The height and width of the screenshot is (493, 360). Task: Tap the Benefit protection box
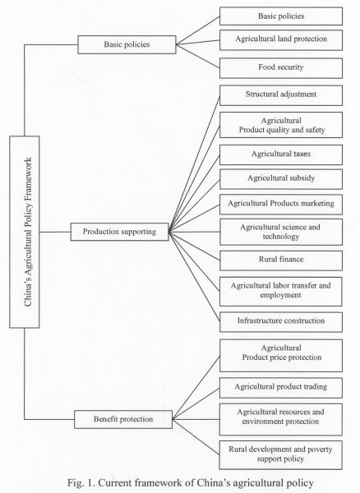tap(124, 420)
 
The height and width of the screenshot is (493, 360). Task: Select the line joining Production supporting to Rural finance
tap(193, 246)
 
